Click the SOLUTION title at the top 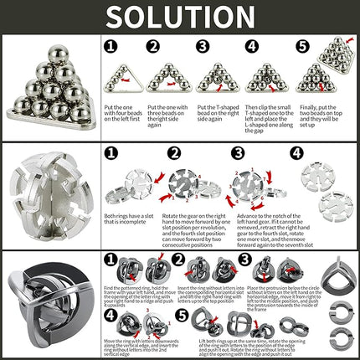coord(180,17)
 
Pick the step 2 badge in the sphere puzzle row coord(175,153)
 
